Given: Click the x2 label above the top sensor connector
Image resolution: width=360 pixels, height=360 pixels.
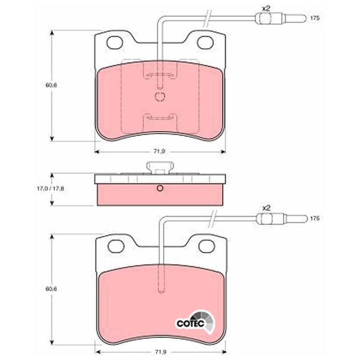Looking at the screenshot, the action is [x=266, y=9].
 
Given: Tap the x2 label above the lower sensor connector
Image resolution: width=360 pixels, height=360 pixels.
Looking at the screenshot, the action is [x=266, y=208].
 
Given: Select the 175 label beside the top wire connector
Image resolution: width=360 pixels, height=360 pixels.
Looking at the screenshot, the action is [x=315, y=18].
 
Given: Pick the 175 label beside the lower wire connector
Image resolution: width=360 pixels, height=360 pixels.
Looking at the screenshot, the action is [x=315, y=218].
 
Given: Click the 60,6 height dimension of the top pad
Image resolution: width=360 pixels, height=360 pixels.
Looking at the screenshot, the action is [x=51, y=85].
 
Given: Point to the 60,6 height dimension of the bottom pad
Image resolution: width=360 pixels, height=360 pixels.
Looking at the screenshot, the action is [x=51, y=289].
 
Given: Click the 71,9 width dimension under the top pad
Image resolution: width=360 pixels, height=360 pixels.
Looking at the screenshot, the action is [x=160, y=152].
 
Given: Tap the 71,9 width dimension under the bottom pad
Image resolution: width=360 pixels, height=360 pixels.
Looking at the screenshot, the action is [x=160, y=351].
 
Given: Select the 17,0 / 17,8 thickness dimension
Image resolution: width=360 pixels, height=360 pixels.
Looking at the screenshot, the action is [x=50, y=189].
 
